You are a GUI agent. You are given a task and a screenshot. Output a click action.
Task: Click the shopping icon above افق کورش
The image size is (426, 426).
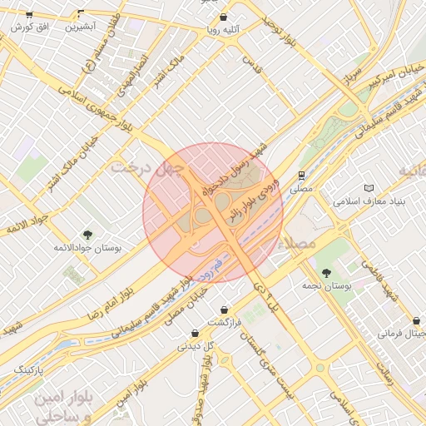coord(29,15)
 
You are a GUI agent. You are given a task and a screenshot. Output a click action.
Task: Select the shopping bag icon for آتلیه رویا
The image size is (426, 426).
coord(223,17)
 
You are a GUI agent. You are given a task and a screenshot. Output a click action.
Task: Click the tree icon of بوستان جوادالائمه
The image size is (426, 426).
coord(87,235)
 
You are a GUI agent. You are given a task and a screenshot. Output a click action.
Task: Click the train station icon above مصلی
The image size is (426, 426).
coord(300,176)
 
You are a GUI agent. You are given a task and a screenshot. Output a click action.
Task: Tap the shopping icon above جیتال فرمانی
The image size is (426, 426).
coord(416,321)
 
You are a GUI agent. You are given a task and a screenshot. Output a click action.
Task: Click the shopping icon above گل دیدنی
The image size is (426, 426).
coord(195,333)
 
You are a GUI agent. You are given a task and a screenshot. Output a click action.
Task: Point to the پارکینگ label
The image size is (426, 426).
coord(21,368)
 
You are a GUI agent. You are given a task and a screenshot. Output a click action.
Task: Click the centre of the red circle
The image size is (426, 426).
coord(212,212)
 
